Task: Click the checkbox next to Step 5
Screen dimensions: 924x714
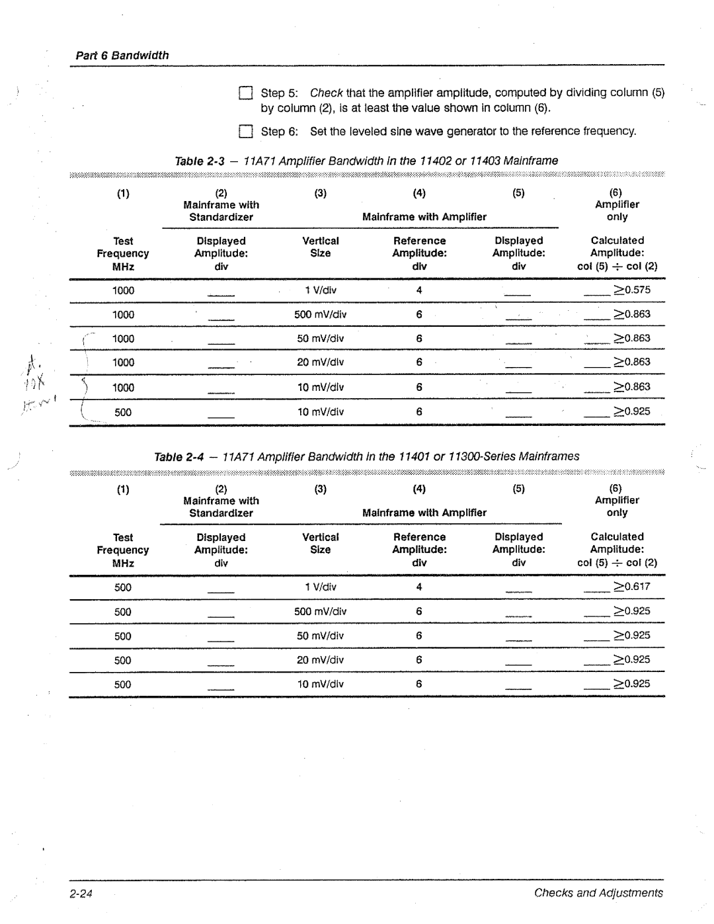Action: point(246,93)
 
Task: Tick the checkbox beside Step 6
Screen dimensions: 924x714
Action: point(246,132)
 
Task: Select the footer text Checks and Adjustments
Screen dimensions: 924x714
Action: point(598,893)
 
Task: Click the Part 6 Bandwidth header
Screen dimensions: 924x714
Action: point(122,56)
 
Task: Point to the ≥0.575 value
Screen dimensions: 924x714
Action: point(632,290)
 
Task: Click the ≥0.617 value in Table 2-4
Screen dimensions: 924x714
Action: point(632,587)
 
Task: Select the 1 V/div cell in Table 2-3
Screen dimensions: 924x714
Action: point(321,290)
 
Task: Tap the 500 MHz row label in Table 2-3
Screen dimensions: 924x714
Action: point(123,412)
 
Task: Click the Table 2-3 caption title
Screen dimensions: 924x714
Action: point(366,161)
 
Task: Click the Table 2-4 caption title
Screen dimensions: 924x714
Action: point(366,456)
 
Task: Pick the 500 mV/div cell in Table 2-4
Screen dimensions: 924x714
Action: point(321,612)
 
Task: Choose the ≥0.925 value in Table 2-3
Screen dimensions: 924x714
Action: point(632,411)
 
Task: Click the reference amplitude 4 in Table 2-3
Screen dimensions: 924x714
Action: point(419,290)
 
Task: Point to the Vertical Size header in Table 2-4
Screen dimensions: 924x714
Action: point(321,544)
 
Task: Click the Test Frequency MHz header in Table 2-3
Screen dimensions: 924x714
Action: point(123,254)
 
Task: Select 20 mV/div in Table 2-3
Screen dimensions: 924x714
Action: point(321,362)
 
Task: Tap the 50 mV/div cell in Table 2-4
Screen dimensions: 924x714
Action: point(321,636)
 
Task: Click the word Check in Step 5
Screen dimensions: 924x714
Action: point(326,93)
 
